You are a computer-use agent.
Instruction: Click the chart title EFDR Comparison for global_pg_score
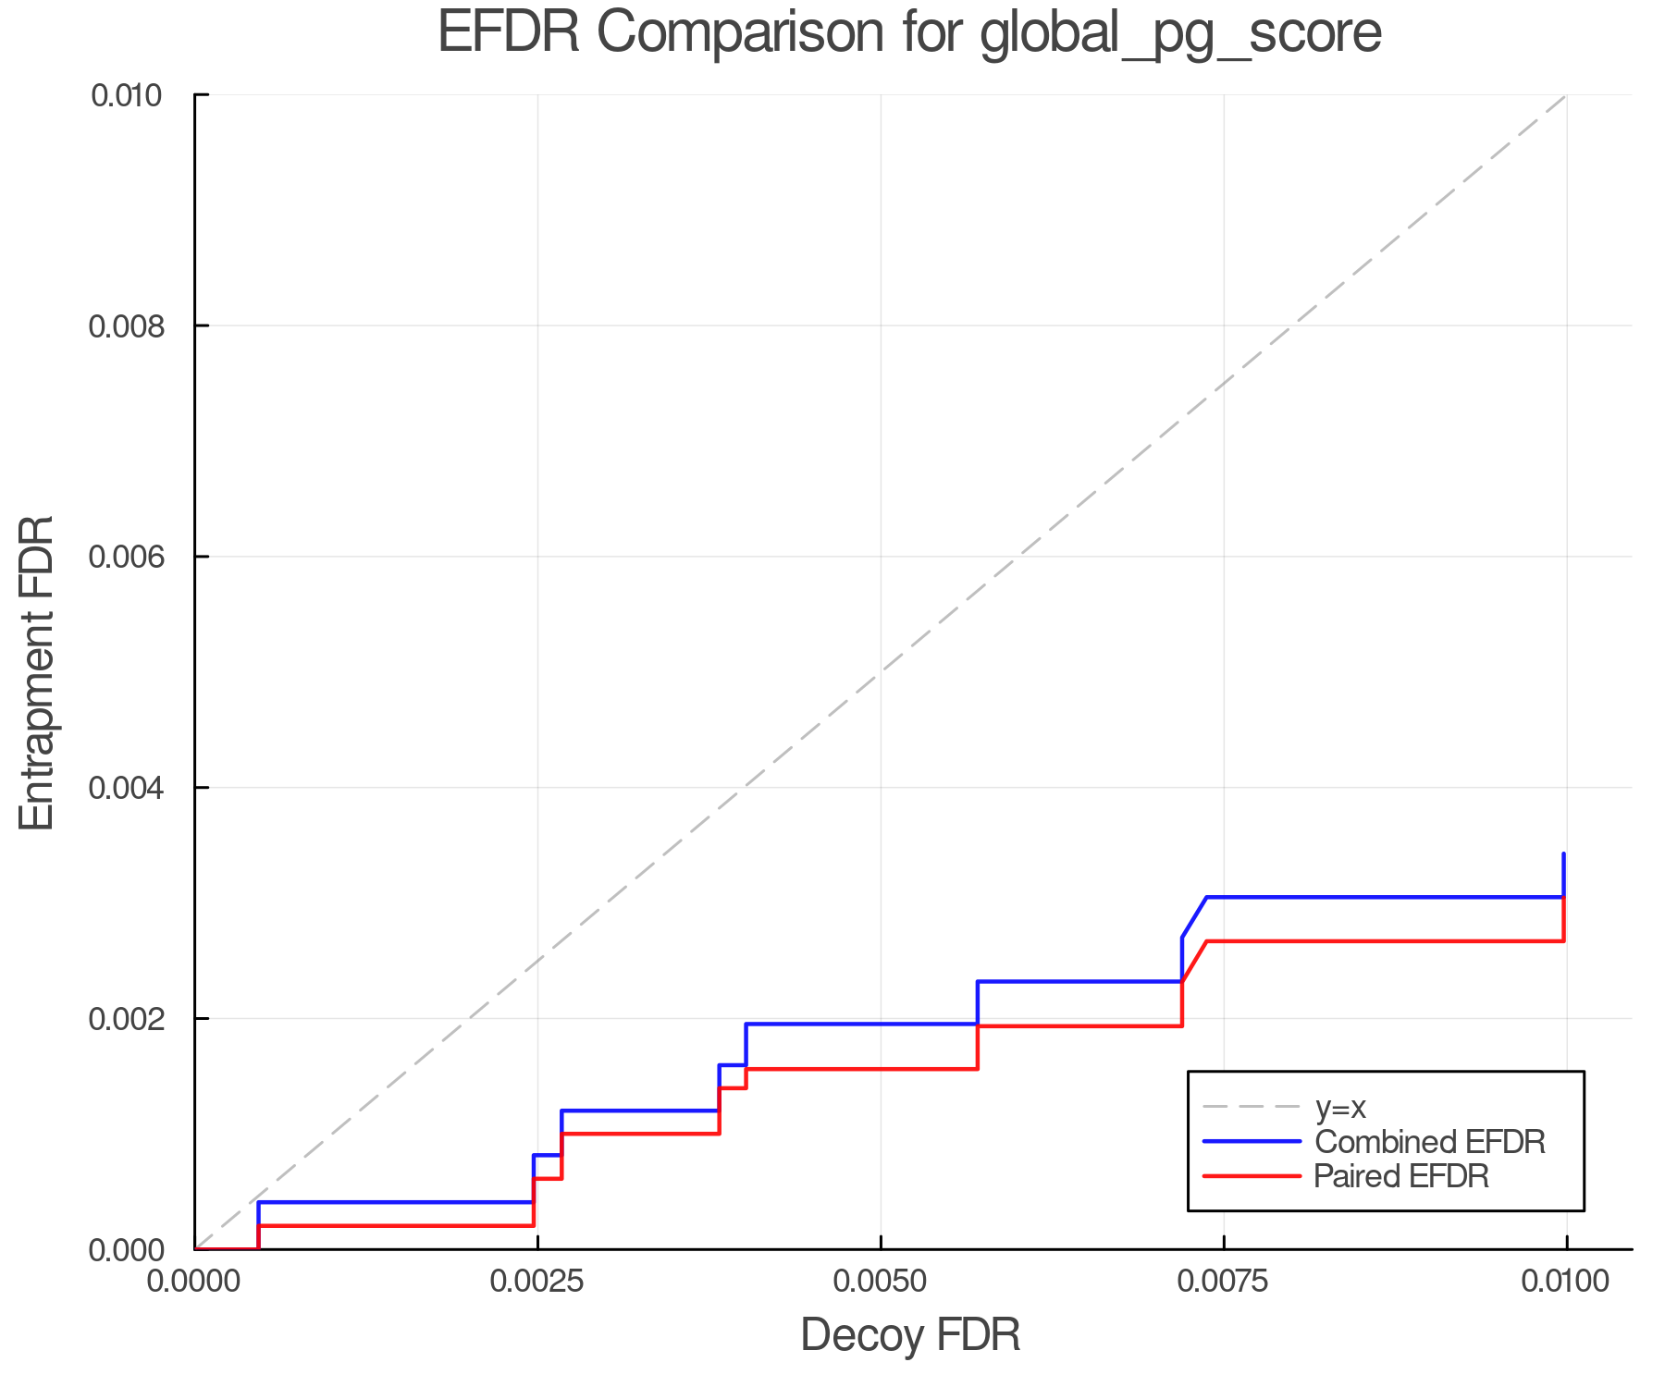coord(909,33)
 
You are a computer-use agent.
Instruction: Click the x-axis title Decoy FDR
coord(909,1335)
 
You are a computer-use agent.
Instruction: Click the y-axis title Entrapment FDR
coord(37,672)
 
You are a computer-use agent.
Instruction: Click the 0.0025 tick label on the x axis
coord(536,1282)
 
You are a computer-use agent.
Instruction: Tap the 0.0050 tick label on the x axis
coord(880,1282)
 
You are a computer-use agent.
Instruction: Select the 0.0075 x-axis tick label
coord(1223,1282)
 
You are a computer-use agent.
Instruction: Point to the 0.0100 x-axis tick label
coord(1565,1282)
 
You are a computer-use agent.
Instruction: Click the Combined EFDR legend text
coord(1429,1142)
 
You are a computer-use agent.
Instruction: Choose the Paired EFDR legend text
coord(1401,1176)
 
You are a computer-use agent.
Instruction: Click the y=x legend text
coord(1340,1107)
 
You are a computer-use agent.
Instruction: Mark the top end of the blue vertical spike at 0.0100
coord(1563,854)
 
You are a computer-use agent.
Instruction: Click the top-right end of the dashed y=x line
coord(1565,95)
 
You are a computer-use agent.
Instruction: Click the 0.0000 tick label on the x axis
coord(194,1282)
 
